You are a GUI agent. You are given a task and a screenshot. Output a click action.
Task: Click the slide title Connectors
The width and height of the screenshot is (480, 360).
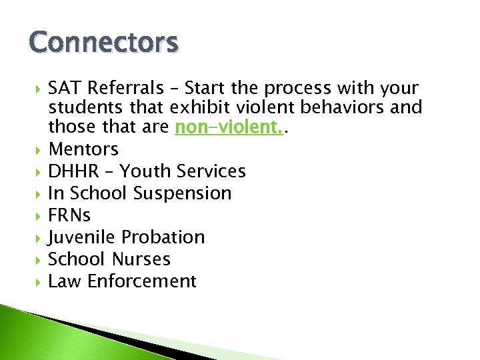103,43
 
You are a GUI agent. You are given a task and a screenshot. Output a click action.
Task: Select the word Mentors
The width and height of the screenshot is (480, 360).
83,149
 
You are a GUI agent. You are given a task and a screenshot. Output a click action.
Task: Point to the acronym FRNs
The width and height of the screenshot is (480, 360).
69,215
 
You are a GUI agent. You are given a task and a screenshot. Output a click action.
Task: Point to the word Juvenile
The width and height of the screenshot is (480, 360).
81,237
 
